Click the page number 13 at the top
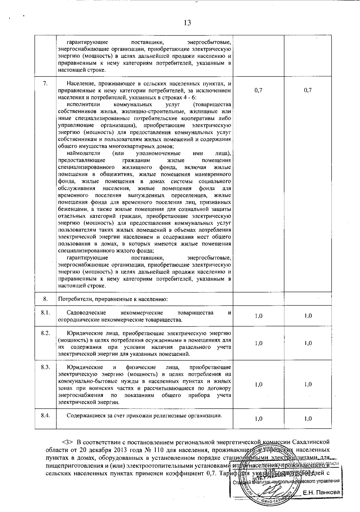187,23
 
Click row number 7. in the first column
45,83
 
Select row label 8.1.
45,313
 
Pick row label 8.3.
45,367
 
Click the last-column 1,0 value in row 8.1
308,316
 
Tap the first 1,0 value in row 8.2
258,343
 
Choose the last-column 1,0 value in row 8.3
308,384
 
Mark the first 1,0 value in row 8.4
258,419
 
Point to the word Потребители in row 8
73,299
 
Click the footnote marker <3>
67,442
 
